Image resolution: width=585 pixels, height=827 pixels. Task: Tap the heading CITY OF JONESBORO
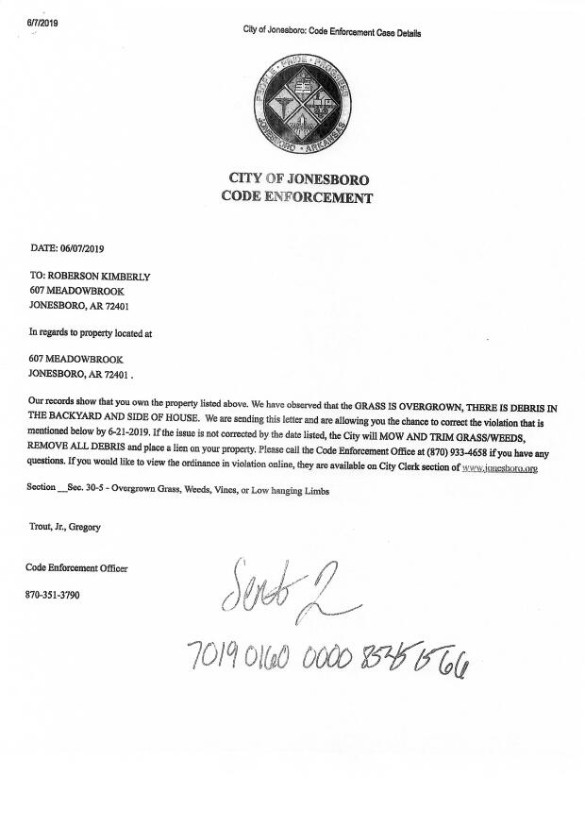tap(299, 179)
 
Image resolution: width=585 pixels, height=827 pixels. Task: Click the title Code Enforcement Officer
tap(76, 567)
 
